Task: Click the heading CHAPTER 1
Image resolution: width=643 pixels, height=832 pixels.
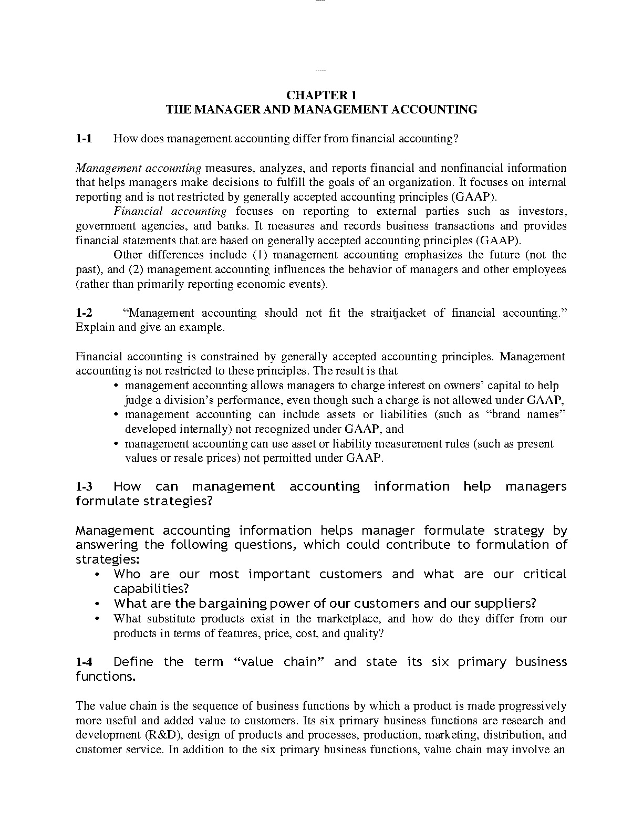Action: [321, 95]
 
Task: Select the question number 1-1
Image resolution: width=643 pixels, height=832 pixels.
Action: [84, 139]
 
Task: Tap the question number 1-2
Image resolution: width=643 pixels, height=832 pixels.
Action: [84, 313]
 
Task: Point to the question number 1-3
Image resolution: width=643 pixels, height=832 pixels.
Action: [84, 487]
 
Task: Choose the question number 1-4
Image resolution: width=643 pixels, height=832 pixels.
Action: [84, 662]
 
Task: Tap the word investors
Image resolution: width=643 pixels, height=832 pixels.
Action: [542, 212]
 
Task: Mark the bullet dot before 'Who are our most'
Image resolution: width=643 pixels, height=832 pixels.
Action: [98, 575]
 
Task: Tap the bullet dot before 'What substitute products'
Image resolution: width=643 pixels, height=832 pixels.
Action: [98, 619]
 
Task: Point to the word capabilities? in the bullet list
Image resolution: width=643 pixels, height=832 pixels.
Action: [151, 589]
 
